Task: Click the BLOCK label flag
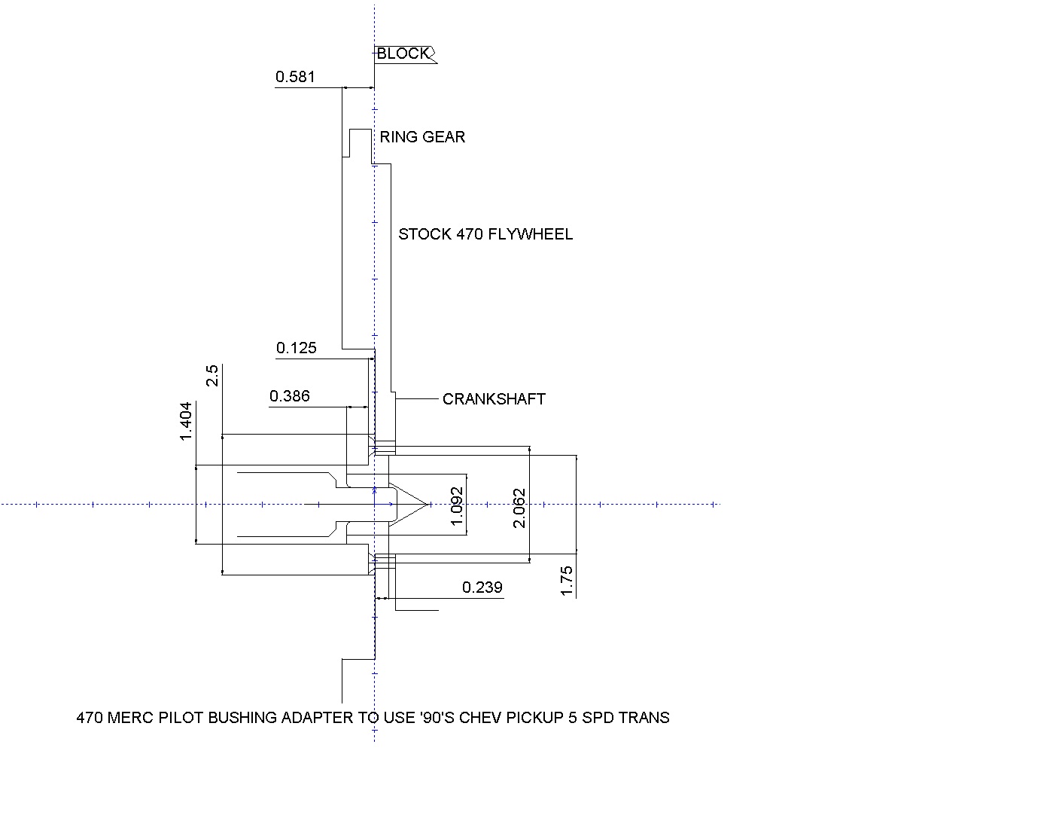[x=404, y=53]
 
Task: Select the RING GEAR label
[x=422, y=137]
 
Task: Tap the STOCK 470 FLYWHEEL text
[x=485, y=234]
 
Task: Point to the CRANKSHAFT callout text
[x=494, y=399]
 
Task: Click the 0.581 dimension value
[x=295, y=77]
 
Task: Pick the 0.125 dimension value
[x=297, y=348]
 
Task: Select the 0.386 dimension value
[x=290, y=396]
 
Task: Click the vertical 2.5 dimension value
[x=212, y=375]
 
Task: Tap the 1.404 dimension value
[x=187, y=421]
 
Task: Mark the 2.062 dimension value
[x=519, y=508]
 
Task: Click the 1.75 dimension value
[x=568, y=581]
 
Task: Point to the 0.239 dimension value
[x=482, y=587]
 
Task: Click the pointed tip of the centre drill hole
[x=428, y=504]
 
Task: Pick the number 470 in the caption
[x=90, y=718]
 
